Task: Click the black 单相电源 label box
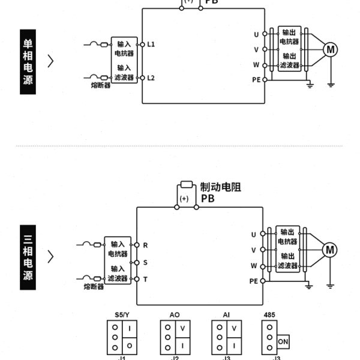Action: pyautogui.click(x=28, y=62)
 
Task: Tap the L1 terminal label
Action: pyautogui.click(x=151, y=44)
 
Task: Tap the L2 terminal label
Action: pyautogui.click(x=151, y=78)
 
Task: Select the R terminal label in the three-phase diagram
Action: pyautogui.click(x=145, y=245)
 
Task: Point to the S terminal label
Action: pyautogui.click(x=145, y=262)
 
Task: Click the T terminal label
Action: pyautogui.click(x=145, y=279)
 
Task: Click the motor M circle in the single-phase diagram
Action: pyautogui.click(x=331, y=50)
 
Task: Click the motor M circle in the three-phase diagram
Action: pyautogui.click(x=330, y=250)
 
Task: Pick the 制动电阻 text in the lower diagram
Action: pyautogui.click(x=221, y=187)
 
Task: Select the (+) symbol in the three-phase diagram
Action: pyautogui.click(x=185, y=198)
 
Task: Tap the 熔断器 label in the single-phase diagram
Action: pyautogui.click(x=101, y=86)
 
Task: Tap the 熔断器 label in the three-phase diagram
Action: pyautogui.click(x=94, y=287)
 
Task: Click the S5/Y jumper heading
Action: pyautogui.click(x=122, y=314)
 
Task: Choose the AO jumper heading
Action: pyautogui.click(x=175, y=314)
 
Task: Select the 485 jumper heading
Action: pyautogui.click(x=269, y=314)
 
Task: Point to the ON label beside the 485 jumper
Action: pyautogui.click(x=282, y=341)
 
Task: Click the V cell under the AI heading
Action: pyautogui.click(x=235, y=328)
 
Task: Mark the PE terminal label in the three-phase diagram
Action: pyautogui.click(x=253, y=281)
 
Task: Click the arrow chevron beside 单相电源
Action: pyautogui.click(x=51, y=61)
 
